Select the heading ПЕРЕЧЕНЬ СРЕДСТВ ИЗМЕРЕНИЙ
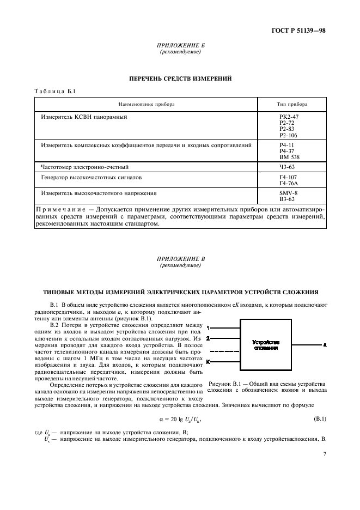(180, 78)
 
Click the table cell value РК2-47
(289, 117)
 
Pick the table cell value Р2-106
(289, 135)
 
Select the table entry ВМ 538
(289, 156)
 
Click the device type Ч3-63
(286, 167)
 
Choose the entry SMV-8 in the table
(288, 193)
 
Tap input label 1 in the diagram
(209, 327)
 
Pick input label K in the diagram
(209, 361)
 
